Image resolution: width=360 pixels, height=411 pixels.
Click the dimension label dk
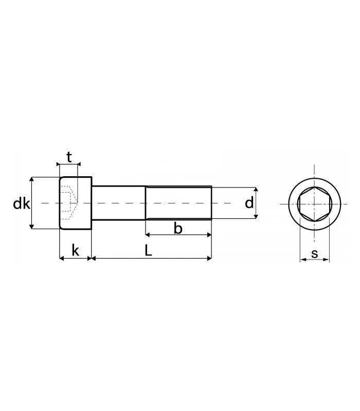point(22,203)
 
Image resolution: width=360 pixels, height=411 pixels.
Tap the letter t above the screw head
point(69,157)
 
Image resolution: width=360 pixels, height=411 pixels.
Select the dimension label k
point(75,250)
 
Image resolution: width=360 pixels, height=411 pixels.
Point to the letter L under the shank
point(148,250)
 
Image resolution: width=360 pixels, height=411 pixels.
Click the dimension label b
point(178,228)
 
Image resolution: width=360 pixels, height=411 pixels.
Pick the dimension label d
point(249,203)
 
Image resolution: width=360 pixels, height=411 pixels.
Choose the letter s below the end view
point(314,254)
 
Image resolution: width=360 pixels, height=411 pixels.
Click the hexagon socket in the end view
point(315,204)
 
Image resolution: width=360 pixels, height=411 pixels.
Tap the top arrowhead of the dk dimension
point(32,179)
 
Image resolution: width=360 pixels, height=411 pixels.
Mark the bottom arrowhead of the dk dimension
point(32,226)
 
